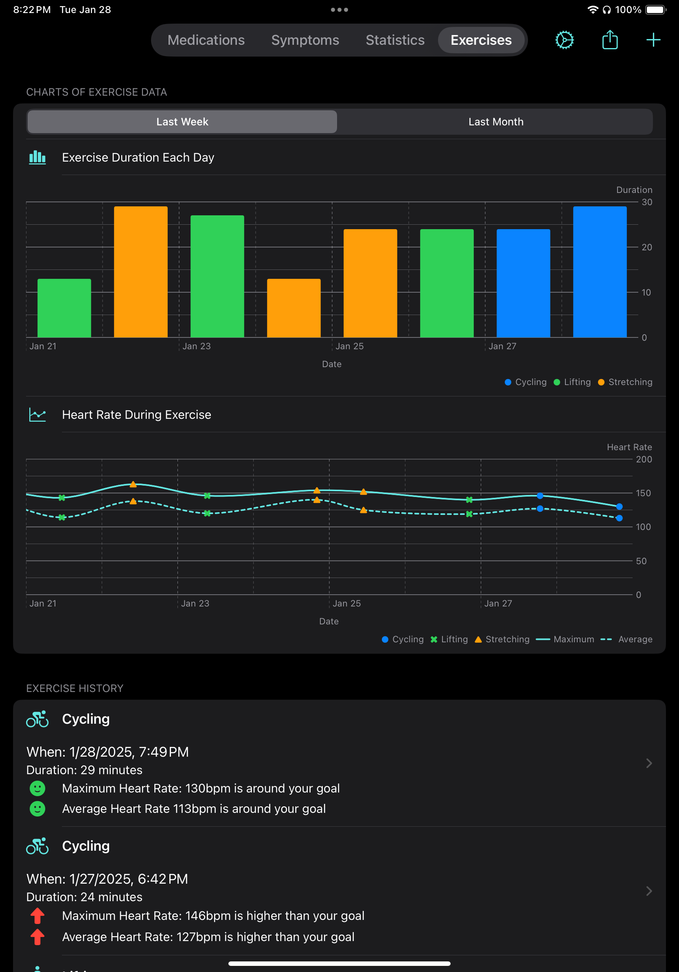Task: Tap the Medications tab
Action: (206, 40)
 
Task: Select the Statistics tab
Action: (394, 40)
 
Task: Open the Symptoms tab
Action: (305, 40)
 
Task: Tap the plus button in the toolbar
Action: (653, 40)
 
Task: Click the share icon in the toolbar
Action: (609, 40)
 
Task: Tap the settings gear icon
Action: (564, 40)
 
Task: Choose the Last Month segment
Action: (495, 122)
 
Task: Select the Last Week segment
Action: (182, 122)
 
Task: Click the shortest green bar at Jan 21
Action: (64, 308)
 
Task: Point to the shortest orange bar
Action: (294, 308)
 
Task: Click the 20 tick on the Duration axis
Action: (646, 247)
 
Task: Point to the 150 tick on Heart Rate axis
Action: (643, 493)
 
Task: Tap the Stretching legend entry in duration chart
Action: (625, 382)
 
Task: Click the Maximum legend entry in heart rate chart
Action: (565, 639)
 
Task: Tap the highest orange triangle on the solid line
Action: (133, 484)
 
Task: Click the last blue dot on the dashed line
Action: (619, 518)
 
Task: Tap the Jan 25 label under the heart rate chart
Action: (347, 603)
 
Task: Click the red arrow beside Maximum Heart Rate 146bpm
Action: (37, 916)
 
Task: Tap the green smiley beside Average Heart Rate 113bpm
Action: (37, 809)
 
